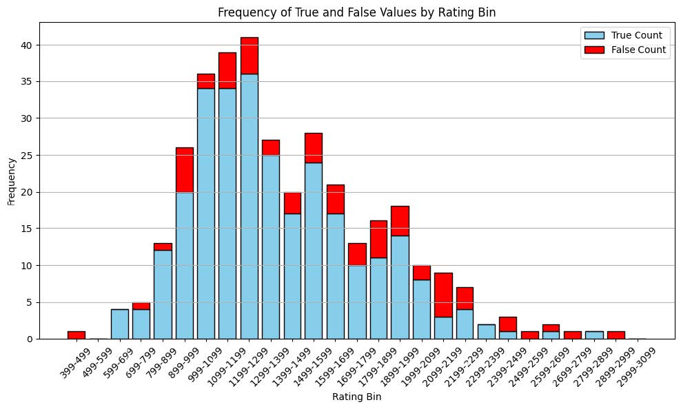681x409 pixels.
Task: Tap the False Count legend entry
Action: click(639, 50)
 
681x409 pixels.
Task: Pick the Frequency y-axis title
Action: click(10, 180)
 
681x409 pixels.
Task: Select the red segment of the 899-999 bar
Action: click(185, 169)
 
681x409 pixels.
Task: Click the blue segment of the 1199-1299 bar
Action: click(250, 207)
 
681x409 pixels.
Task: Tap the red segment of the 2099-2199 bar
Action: click(443, 295)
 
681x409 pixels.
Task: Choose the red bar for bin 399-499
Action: click(77, 335)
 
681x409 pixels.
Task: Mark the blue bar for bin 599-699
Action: click(120, 324)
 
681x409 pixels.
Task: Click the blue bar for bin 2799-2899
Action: click(594, 335)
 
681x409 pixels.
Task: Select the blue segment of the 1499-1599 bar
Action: click(314, 251)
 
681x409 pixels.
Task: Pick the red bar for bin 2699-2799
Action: click(573, 335)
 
